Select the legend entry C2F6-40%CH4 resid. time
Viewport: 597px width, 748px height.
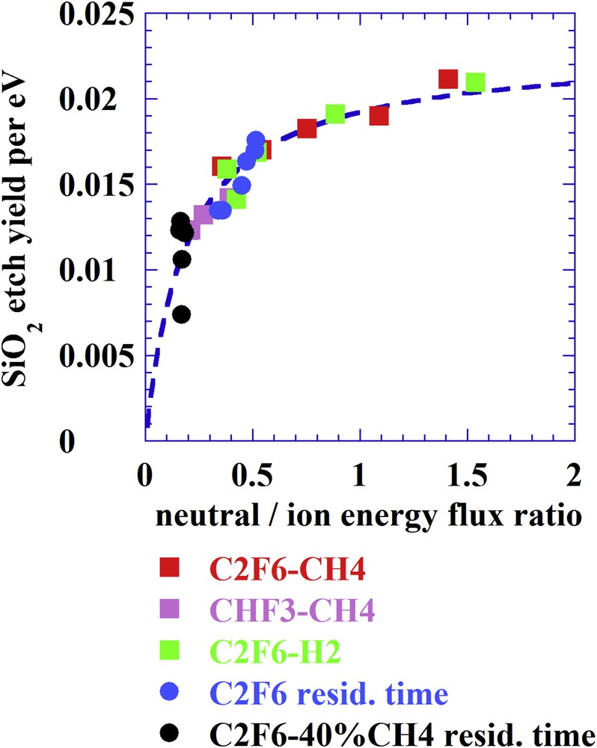(x=399, y=732)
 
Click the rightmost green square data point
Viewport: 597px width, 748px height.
(x=475, y=82)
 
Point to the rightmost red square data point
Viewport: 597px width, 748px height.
(x=448, y=79)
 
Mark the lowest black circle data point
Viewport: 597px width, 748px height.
(x=181, y=314)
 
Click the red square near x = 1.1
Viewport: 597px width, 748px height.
(x=379, y=115)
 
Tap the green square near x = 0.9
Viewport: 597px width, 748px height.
(x=335, y=114)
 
